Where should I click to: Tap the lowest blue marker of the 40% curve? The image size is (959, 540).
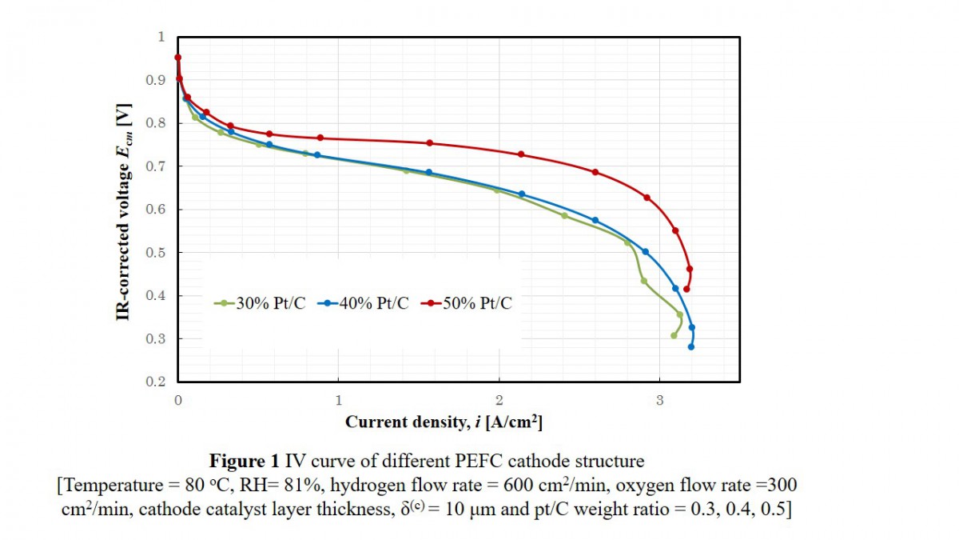[x=691, y=346]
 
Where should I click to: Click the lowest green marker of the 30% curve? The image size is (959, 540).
[x=674, y=336]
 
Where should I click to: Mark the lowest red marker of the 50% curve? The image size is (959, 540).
[x=686, y=289]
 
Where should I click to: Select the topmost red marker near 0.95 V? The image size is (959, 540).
[x=178, y=58]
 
